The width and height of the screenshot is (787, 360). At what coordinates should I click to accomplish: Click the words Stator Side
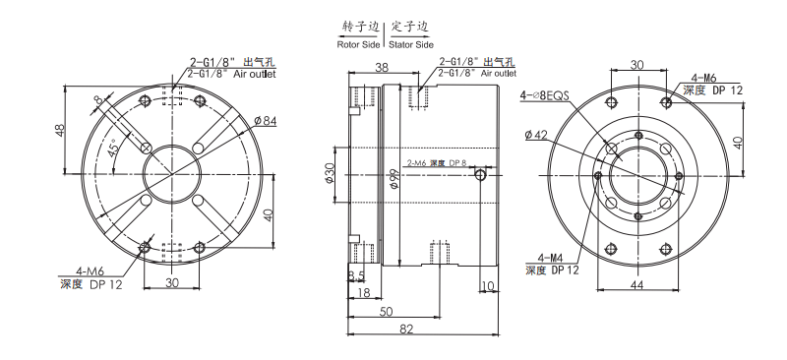click(411, 44)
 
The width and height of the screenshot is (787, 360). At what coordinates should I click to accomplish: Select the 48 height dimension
click(60, 130)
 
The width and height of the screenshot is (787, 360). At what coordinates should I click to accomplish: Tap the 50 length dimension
click(387, 311)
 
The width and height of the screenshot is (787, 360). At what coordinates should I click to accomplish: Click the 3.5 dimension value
click(356, 276)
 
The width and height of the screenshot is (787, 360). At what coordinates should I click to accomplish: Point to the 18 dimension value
click(363, 292)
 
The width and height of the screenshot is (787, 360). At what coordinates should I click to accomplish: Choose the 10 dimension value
click(488, 286)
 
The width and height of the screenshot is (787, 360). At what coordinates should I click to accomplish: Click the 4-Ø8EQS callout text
click(545, 95)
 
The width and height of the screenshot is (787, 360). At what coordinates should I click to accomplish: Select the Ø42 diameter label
click(536, 135)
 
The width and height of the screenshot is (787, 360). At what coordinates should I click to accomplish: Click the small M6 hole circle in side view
click(480, 175)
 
